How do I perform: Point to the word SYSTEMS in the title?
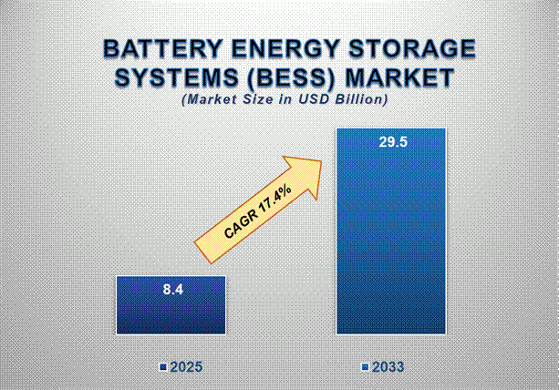point(166,78)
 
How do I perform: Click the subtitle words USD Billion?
point(344,98)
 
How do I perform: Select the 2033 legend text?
point(388,367)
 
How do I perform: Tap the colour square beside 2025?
point(162,367)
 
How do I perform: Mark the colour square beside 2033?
point(365,367)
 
